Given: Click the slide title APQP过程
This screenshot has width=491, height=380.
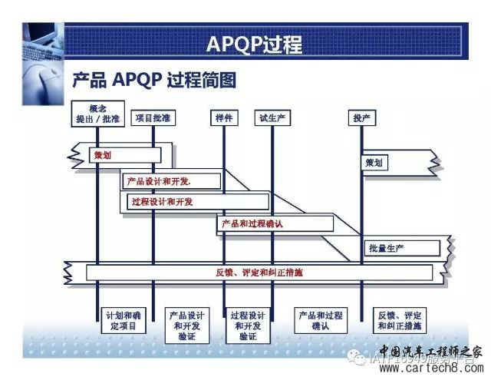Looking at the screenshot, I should tap(254, 44).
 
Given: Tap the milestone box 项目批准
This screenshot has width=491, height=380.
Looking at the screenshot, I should tap(153, 117).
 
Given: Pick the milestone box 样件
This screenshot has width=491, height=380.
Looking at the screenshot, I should tap(223, 117).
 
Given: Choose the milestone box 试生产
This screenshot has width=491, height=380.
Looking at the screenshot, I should tap(272, 117).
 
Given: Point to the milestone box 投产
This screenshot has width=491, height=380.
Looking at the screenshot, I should tap(361, 117).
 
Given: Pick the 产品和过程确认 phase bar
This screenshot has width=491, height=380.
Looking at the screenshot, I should tap(275, 223).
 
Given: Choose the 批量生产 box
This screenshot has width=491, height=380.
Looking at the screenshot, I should tap(401, 248).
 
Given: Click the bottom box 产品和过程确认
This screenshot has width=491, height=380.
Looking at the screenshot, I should tap(321, 320).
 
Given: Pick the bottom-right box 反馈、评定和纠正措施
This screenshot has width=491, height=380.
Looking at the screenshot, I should tap(400, 320).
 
